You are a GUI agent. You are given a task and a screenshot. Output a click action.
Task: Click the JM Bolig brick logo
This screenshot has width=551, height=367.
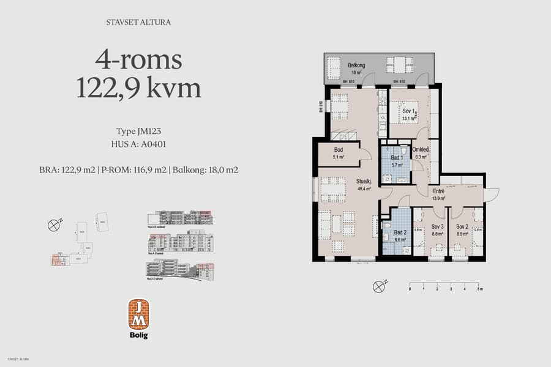138,314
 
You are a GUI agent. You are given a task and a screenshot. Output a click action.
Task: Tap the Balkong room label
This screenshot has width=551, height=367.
357,65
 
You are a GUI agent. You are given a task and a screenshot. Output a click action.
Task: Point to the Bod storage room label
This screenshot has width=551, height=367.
339,150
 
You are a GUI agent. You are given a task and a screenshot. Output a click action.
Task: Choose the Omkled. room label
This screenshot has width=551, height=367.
420,150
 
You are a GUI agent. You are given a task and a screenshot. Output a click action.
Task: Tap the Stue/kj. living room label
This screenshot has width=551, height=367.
365,181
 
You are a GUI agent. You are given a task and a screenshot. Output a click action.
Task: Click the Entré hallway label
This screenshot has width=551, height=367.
438,191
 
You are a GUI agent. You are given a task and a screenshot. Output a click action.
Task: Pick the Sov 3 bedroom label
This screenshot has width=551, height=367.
437,227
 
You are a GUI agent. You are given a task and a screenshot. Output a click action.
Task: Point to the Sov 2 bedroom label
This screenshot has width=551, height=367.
462,227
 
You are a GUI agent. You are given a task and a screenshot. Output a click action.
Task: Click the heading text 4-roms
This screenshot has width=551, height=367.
138,60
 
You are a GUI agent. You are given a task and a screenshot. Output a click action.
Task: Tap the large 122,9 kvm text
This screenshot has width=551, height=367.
138,89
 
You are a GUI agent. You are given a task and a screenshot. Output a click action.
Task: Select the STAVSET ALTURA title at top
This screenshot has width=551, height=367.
138,23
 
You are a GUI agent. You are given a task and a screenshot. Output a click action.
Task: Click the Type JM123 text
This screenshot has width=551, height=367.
138,131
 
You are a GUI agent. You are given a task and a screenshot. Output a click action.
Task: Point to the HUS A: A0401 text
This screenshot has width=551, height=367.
138,144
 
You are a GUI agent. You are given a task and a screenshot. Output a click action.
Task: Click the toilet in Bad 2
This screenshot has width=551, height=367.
387,225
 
